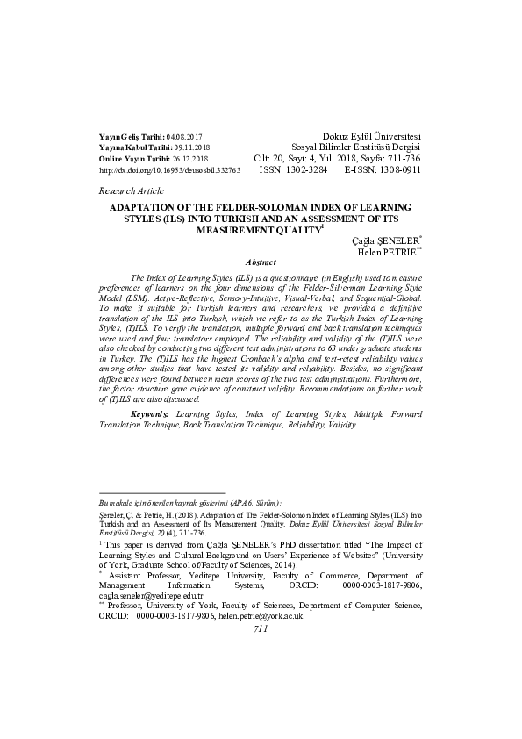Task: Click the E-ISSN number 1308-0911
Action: click(397, 170)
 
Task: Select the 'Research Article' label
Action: click(132, 190)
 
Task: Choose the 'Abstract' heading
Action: click(261, 262)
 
